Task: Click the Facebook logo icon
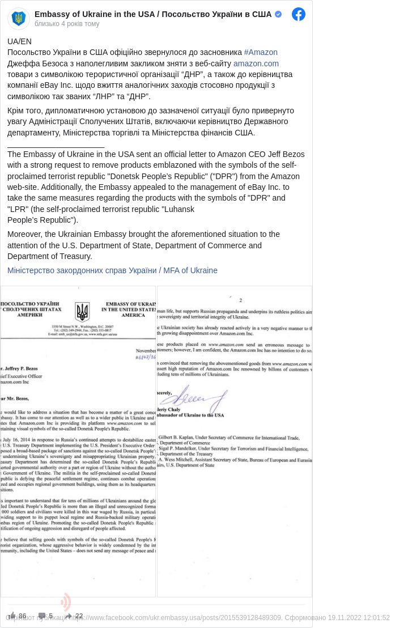299,14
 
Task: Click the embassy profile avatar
19,19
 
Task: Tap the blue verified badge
278,14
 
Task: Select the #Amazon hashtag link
261,52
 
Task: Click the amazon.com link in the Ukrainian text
256,63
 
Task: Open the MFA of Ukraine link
112,270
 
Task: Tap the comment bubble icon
42,616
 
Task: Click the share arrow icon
69,616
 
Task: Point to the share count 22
79,616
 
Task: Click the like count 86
22,616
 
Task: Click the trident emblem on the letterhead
82,311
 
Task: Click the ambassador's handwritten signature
199,397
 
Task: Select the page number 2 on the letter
240,300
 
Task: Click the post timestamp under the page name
67,24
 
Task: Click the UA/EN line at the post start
19,41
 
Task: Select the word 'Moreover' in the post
25,234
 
